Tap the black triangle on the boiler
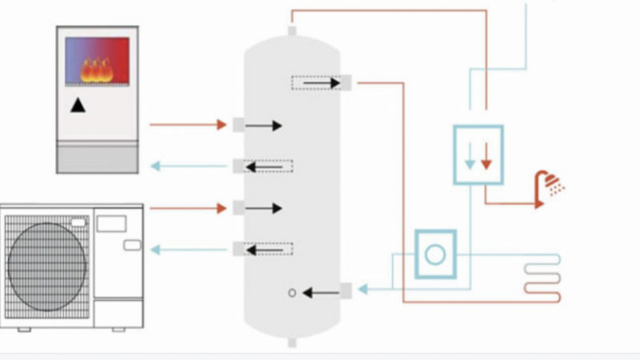click(x=78, y=105)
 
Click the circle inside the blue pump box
click(x=435, y=254)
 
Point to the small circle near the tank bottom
click(x=292, y=293)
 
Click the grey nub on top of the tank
click(x=292, y=30)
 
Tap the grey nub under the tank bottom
click(x=292, y=342)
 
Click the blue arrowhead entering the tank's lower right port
click(x=362, y=288)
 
